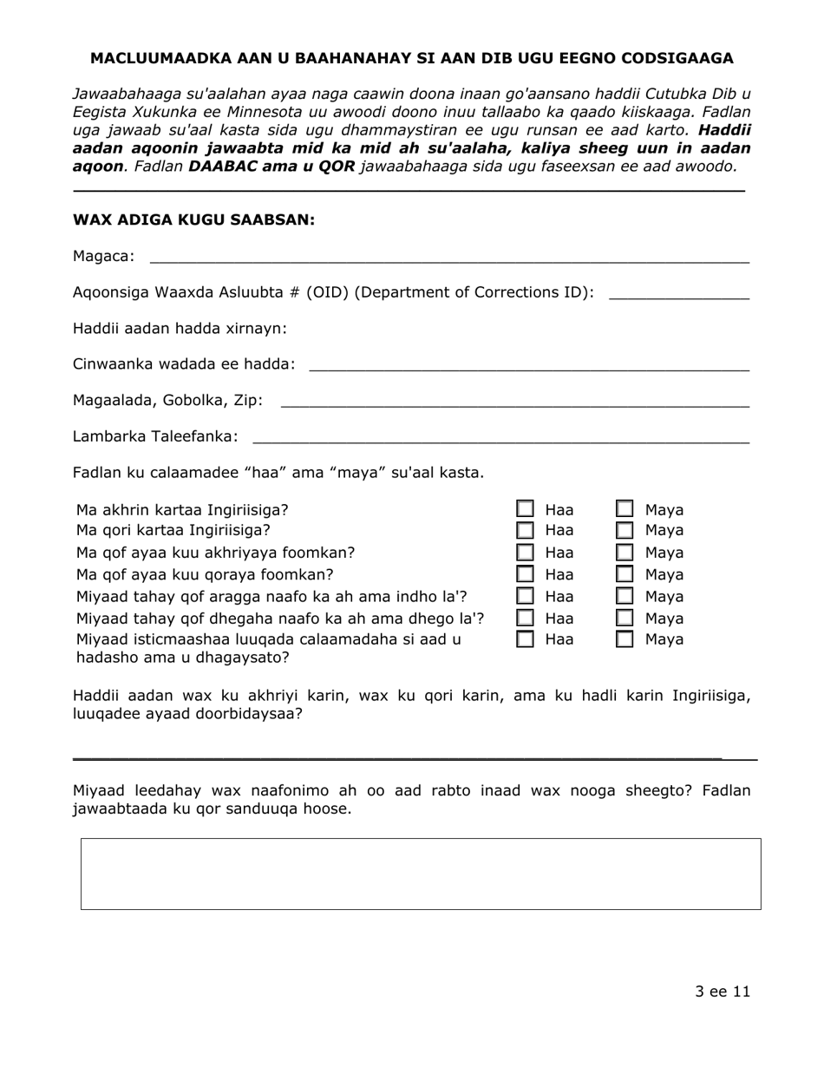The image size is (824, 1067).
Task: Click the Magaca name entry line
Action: click(448, 257)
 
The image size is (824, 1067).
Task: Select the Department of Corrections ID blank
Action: click(678, 293)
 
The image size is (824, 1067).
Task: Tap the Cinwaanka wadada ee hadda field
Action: click(528, 365)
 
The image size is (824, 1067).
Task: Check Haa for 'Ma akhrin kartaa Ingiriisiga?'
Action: click(526, 509)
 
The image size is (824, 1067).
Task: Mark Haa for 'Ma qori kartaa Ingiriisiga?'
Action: click(526, 530)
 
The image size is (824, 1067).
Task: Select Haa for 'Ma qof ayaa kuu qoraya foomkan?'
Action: click(526, 574)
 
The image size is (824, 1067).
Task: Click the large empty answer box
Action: click(421, 874)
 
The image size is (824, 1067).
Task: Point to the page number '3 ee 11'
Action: click(722, 992)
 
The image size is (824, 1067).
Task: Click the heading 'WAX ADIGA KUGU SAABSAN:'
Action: click(193, 220)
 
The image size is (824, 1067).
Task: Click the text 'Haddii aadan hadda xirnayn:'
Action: click(180, 329)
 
